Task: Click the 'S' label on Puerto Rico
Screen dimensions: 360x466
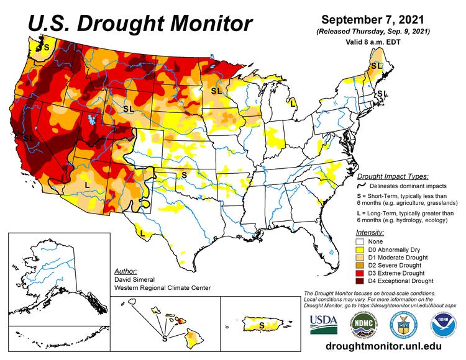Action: coord(261,325)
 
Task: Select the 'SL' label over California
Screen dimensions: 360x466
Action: coord(29,137)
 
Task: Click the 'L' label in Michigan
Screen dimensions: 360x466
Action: coord(292,104)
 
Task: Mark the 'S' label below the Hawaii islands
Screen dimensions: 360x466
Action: coord(164,339)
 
